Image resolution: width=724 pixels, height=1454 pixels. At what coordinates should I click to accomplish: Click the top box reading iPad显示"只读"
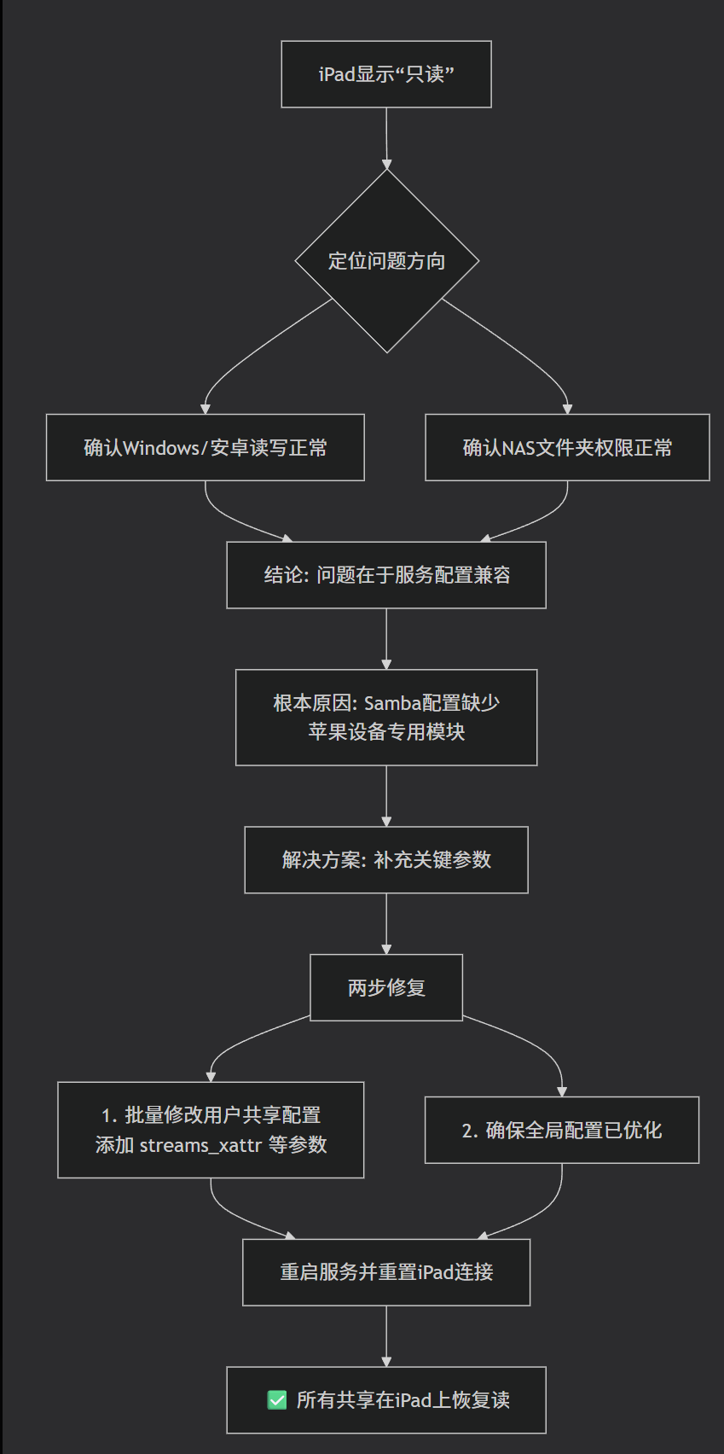386,74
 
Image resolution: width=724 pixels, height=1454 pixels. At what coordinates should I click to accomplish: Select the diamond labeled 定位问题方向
386,261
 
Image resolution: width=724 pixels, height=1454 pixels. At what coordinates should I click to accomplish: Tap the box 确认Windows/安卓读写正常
205,448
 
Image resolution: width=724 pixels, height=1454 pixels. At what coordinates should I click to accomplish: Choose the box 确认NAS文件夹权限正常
567,448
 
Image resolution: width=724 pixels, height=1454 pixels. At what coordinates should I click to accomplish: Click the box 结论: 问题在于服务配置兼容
386,575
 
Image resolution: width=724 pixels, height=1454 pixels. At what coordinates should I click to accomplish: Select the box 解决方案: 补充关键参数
386,860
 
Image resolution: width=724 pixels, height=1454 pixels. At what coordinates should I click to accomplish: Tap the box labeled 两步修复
386,988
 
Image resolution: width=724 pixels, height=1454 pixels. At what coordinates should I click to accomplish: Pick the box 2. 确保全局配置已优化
561,1131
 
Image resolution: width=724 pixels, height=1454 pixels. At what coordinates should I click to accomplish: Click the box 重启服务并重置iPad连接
386,1272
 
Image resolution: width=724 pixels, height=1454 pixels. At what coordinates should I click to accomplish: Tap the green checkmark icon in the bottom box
277,1400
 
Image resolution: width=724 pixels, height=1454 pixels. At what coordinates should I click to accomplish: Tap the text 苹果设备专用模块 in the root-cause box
386,732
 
